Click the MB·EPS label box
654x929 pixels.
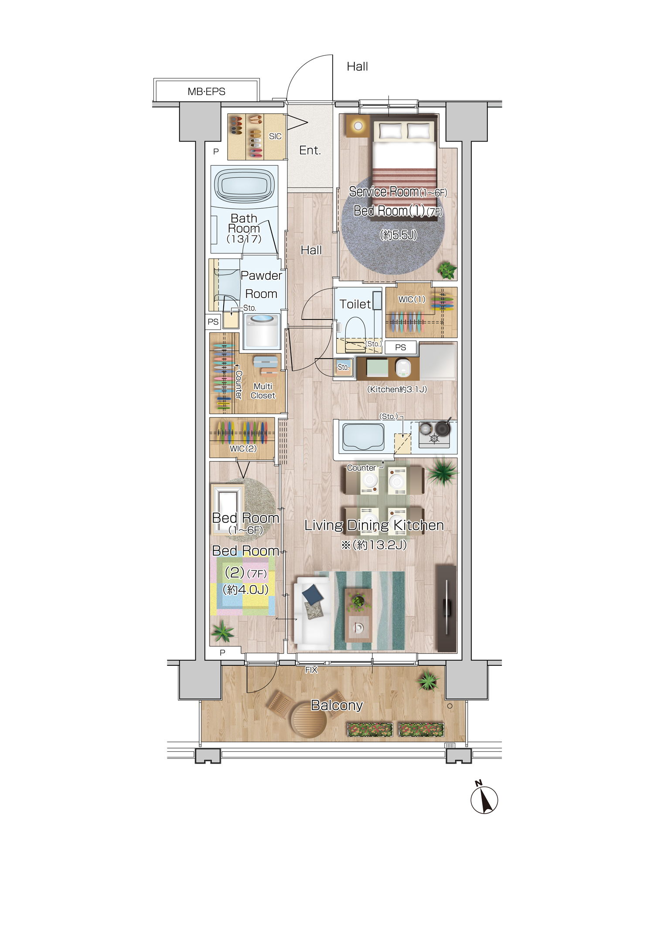point(206,90)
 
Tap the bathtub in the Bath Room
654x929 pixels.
point(245,186)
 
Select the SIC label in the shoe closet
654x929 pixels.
point(275,136)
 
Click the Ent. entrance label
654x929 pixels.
point(310,150)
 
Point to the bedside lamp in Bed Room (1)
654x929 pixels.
point(358,126)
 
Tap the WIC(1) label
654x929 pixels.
point(412,299)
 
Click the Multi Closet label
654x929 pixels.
point(263,391)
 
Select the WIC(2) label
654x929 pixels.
point(243,448)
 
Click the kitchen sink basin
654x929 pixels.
point(363,437)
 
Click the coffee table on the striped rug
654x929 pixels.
point(358,615)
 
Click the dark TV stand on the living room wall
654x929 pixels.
point(446,608)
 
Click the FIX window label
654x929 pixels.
point(311,670)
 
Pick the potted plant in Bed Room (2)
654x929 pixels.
point(223,632)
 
